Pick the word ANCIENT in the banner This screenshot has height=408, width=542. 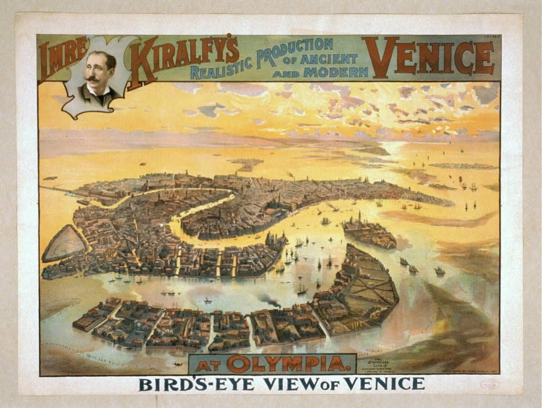click(x=328, y=59)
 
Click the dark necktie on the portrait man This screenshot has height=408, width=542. click(x=98, y=96)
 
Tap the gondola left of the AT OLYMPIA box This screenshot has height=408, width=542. click(x=177, y=364)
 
